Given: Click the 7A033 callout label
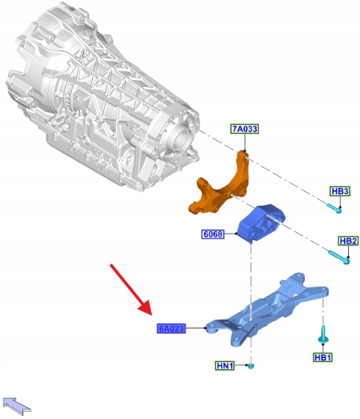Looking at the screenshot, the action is coord(245,129).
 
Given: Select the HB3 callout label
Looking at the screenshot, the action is coord(340,191).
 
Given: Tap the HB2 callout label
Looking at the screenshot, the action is coord(348,241).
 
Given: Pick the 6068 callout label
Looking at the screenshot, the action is coord(212,234).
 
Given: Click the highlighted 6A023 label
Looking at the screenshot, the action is coord(171,328).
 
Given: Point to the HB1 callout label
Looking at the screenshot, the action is coord(323,357).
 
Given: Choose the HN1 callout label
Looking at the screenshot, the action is coord(225,366).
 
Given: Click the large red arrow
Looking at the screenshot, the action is coord(131,290).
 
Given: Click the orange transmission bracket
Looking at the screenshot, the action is coord(222,187).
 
